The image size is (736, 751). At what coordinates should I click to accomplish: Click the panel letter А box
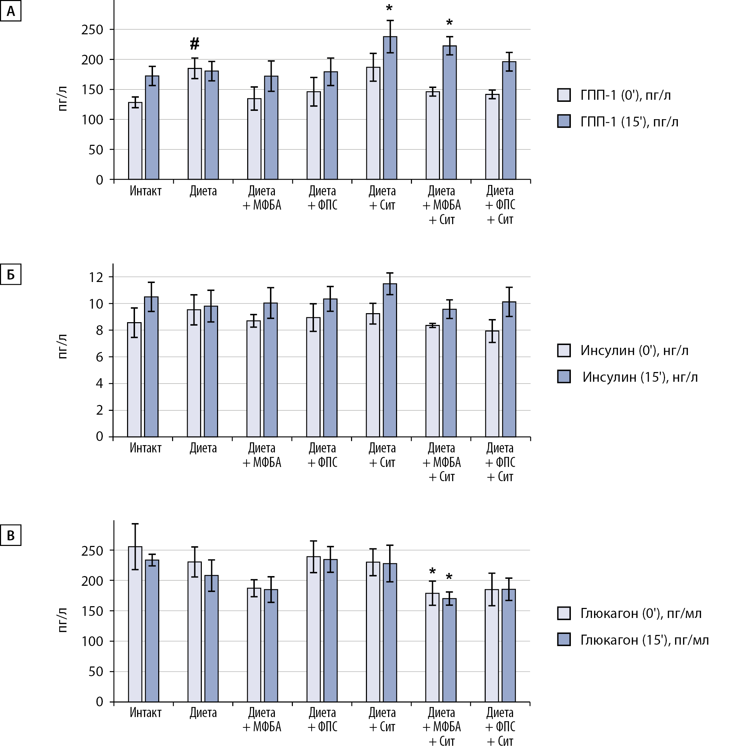click(10, 11)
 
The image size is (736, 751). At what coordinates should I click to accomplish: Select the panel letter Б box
click(10, 275)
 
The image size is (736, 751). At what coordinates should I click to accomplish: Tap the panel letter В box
click(10, 535)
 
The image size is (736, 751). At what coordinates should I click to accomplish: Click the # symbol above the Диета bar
click(195, 44)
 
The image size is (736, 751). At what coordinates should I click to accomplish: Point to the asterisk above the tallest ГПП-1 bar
click(389, 8)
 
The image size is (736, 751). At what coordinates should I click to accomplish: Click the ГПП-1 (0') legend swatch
click(564, 95)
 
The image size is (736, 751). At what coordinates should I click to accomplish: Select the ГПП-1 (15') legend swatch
click(564, 122)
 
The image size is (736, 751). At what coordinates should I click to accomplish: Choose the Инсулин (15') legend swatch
click(564, 377)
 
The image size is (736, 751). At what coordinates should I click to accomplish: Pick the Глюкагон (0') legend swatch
click(564, 613)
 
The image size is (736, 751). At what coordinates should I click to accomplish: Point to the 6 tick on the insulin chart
click(99, 357)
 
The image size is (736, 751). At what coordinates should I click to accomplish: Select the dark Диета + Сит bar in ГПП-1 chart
click(390, 108)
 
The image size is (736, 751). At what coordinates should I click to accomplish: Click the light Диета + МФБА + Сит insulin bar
click(432, 381)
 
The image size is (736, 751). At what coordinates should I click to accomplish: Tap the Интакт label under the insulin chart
click(145, 448)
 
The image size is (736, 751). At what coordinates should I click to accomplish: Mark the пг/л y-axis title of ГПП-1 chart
click(63, 99)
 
